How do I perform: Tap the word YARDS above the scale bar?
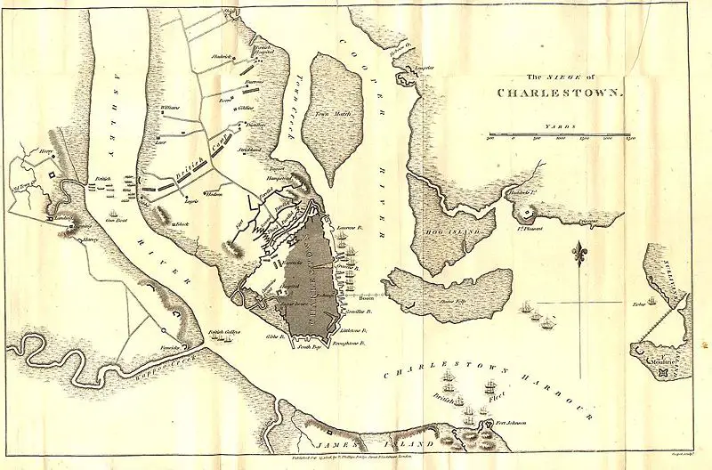click(561, 128)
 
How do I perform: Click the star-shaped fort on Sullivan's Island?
click(663, 374)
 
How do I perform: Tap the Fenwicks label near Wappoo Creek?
click(183, 347)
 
